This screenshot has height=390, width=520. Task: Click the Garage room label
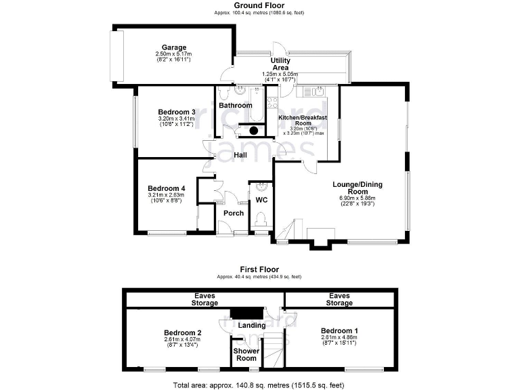[x=174, y=47]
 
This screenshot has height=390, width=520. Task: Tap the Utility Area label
[x=280, y=64]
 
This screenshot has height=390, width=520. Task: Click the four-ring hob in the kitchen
[x=272, y=103]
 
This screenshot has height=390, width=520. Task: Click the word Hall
[x=240, y=155]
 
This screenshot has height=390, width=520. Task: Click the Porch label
[x=234, y=213]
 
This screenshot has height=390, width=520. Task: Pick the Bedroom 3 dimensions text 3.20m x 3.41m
[x=176, y=118]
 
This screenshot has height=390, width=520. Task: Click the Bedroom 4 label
[x=167, y=188]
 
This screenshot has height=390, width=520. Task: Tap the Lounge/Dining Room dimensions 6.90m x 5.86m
[x=357, y=198]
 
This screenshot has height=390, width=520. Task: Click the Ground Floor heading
[x=259, y=5]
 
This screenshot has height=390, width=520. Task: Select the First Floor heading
[x=259, y=269]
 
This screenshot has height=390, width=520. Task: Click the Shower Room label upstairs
[x=246, y=354]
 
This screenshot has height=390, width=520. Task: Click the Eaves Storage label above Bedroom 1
[x=339, y=299]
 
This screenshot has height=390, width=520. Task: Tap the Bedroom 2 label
[x=183, y=332]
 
